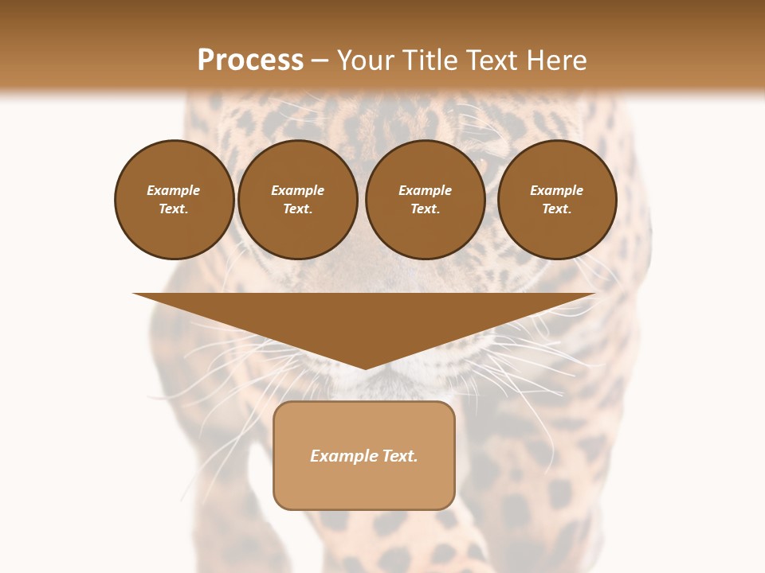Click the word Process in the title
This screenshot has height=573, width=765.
(x=250, y=60)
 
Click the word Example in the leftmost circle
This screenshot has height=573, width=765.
(x=174, y=191)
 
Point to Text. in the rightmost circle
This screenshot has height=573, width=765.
(x=557, y=209)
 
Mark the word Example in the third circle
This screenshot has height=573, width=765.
(x=426, y=191)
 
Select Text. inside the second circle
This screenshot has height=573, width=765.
(x=298, y=209)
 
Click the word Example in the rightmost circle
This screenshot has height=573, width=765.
(x=557, y=191)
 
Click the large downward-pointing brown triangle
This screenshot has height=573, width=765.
(x=365, y=318)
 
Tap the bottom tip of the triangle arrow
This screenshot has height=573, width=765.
(x=365, y=367)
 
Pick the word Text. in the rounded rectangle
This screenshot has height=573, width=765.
(x=399, y=456)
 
